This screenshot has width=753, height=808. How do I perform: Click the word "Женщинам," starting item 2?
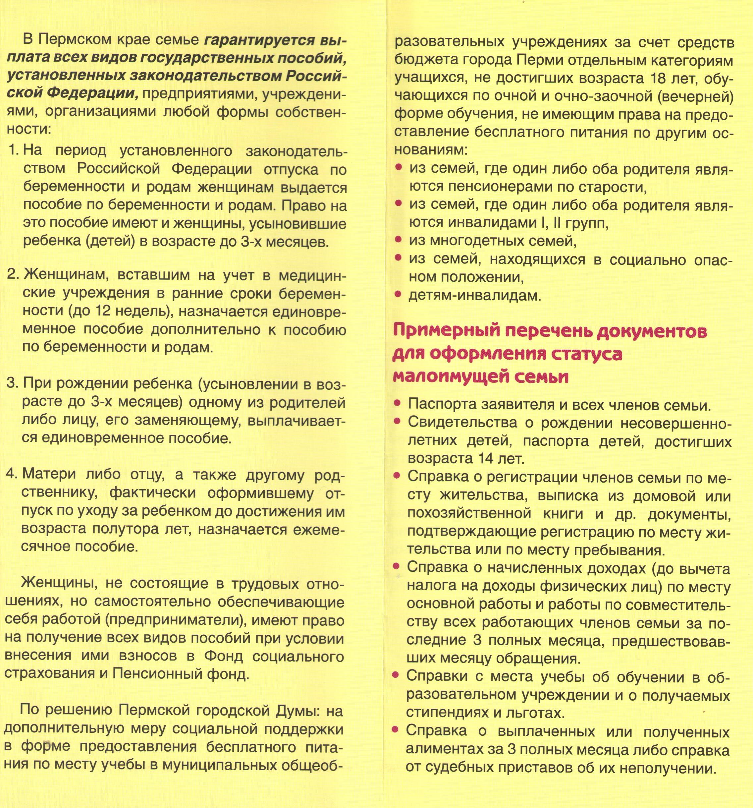point(66,275)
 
